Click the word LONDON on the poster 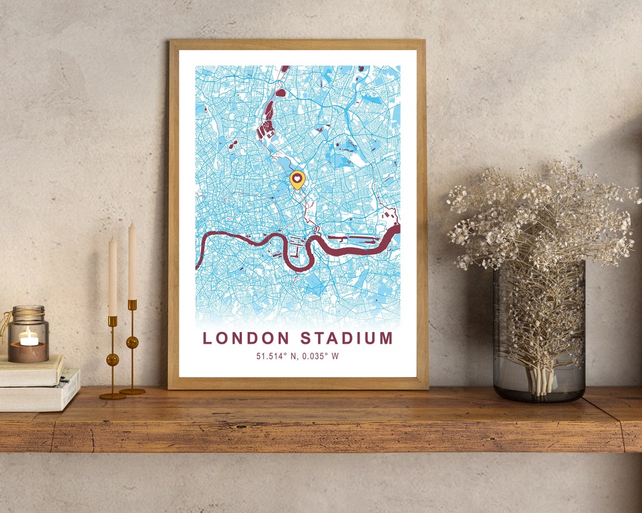point(247,338)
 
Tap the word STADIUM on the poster point(347,338)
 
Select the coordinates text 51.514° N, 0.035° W point(297,356)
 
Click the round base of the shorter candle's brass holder point(112,395)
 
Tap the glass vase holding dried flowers point(539,332)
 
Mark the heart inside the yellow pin point(297,177)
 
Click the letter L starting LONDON point(207,338)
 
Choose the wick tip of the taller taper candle point(131,223)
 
